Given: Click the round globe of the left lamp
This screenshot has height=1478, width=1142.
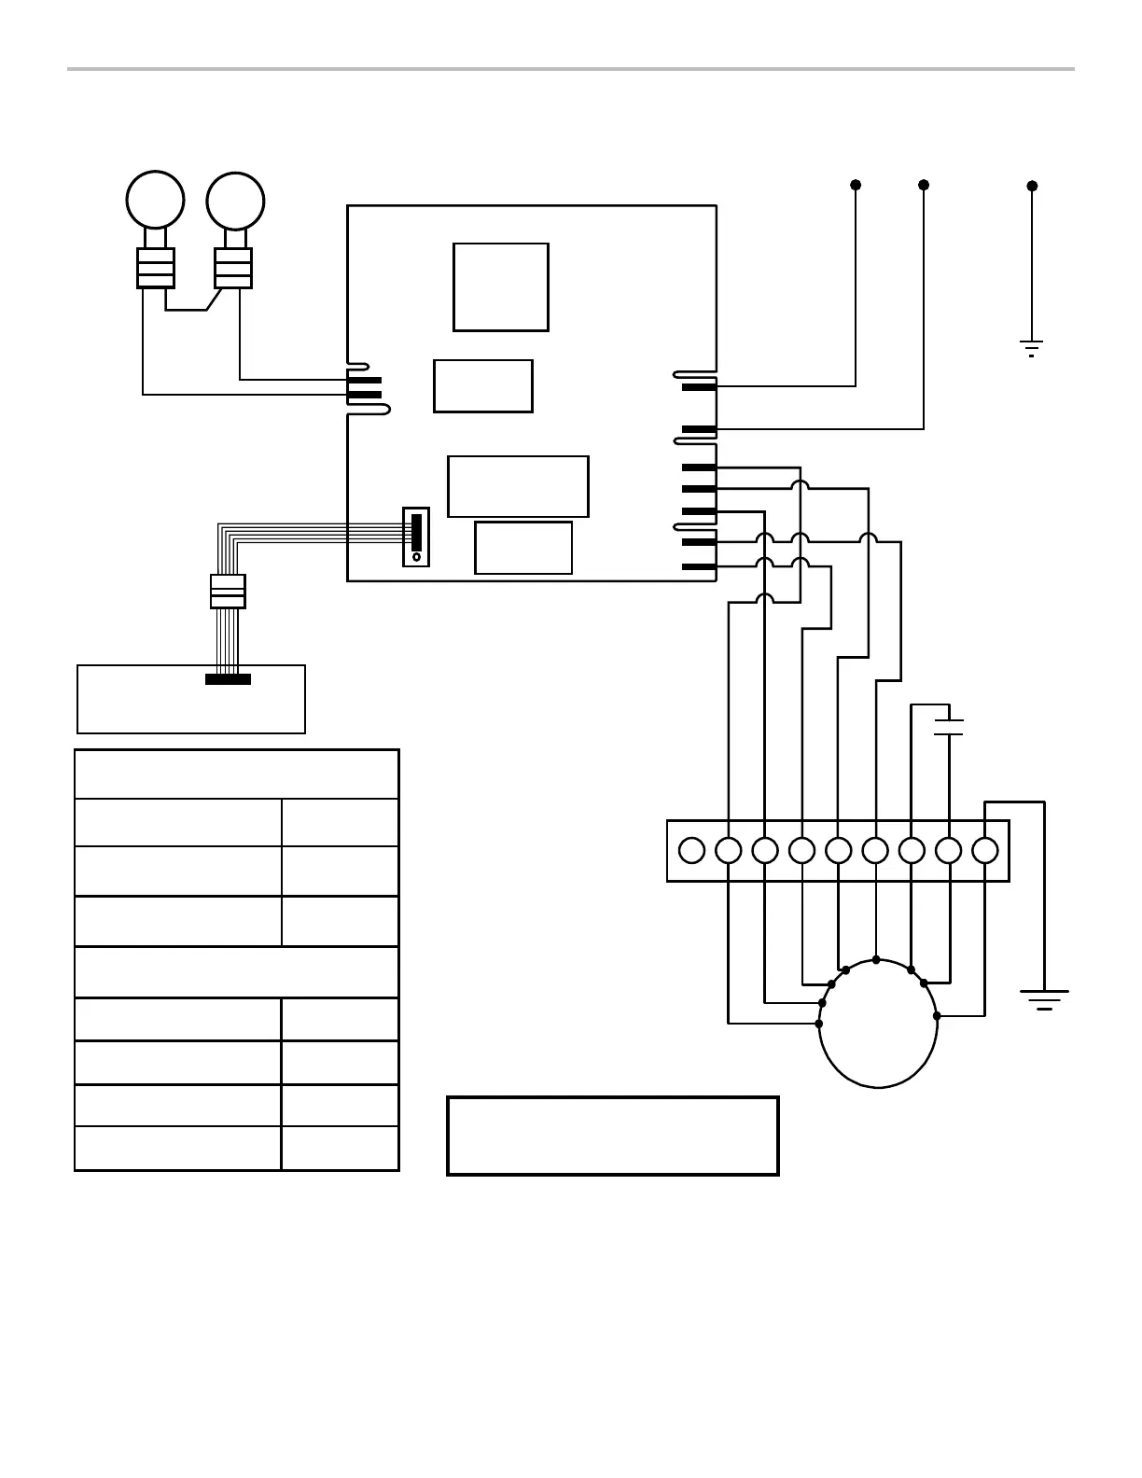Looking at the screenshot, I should (x=155, y=199).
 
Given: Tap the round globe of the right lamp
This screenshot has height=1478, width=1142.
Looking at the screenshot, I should (x=235, y=200).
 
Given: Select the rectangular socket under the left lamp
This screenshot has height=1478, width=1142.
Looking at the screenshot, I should (x=156, y=269).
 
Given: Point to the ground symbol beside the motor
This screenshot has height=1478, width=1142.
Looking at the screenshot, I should (x=1044, y=999).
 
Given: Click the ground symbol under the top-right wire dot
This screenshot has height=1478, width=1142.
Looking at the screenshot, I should (x=1031, y=349).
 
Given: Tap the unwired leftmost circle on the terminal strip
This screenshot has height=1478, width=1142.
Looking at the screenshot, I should (x=691, y=850).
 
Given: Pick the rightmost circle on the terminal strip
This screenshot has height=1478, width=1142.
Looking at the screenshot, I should (x=985, y=850).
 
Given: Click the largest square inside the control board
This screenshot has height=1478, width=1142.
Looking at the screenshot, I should (x=501, y=287).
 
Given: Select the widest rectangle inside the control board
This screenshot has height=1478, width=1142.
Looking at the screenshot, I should (x=518, y=486).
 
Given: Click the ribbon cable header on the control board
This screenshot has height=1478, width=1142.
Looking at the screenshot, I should (x=416, y=537).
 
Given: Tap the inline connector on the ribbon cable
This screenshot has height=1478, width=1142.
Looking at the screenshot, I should (x=228, y=592).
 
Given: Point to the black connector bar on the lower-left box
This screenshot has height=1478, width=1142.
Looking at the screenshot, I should (x=228, y=679).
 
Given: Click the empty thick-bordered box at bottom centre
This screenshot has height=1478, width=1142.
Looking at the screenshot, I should (x=613, y=1136).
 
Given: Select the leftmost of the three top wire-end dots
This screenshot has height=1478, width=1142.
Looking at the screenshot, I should (x=856, y=185).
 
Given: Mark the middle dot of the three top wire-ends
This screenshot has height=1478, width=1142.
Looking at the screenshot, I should (x=924, y=185).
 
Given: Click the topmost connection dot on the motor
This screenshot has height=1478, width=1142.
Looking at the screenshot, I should (x=876, y=959).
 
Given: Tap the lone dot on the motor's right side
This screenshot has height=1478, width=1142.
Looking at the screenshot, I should (x=937, y=1015).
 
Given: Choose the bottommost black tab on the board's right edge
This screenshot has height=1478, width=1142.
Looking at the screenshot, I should (x=699, y=566).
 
